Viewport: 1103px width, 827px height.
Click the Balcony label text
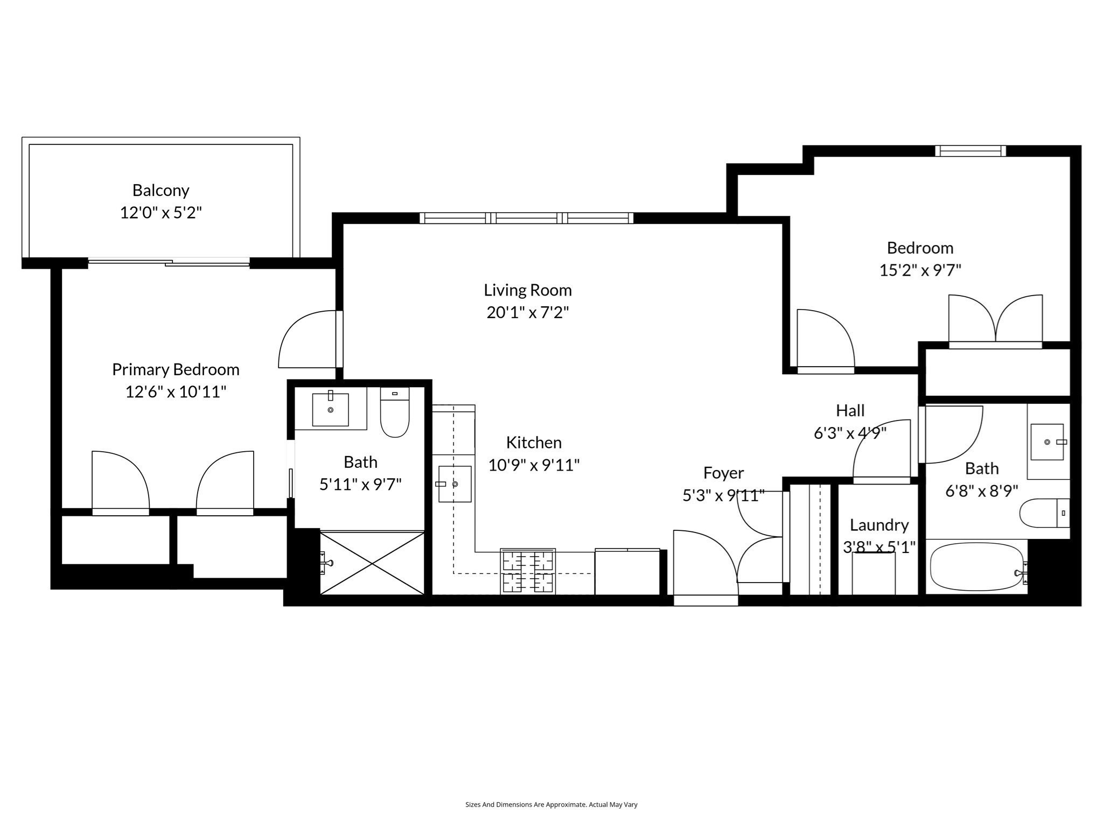[160, 190]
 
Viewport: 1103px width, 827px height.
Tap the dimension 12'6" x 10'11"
[176, 391]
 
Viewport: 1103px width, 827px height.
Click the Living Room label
[527, 290]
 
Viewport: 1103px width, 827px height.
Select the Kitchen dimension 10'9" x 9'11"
[534, 465]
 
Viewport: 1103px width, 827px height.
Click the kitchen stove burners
[528, 571]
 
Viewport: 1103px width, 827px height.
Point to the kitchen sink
[455, 484]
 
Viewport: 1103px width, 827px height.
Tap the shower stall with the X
[372, 563]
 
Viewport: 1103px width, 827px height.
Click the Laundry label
[879, 525]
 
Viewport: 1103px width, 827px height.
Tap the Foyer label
[723, 473]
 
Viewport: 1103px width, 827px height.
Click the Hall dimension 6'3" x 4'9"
[850, 433]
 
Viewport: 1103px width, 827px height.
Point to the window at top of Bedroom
[970, 151]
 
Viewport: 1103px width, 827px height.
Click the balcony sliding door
[169, 263]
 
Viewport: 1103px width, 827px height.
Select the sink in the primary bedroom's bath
[330, 410]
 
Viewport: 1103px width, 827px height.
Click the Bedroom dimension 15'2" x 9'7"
[920, 270]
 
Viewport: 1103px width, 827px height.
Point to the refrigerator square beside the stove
[627, 572]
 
